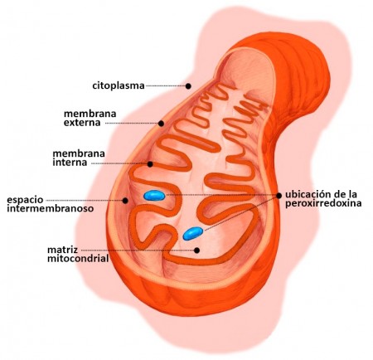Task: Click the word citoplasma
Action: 119,85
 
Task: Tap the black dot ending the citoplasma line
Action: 188,86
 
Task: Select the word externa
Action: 82,122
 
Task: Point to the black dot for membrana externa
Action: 161,124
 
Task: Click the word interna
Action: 70,162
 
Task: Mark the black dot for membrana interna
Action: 150,164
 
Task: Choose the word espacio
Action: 25,200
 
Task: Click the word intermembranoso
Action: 51,208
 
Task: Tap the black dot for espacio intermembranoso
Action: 125,201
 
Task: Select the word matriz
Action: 62,250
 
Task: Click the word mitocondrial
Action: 78,259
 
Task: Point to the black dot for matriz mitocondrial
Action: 196,251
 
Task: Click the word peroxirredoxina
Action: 323,203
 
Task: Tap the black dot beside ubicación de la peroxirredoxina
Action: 279,196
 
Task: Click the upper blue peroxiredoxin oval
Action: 154,196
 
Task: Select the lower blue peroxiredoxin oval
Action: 193,233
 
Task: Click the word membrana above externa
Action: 90,114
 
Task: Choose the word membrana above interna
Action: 79,153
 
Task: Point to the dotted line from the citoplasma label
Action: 166,86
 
